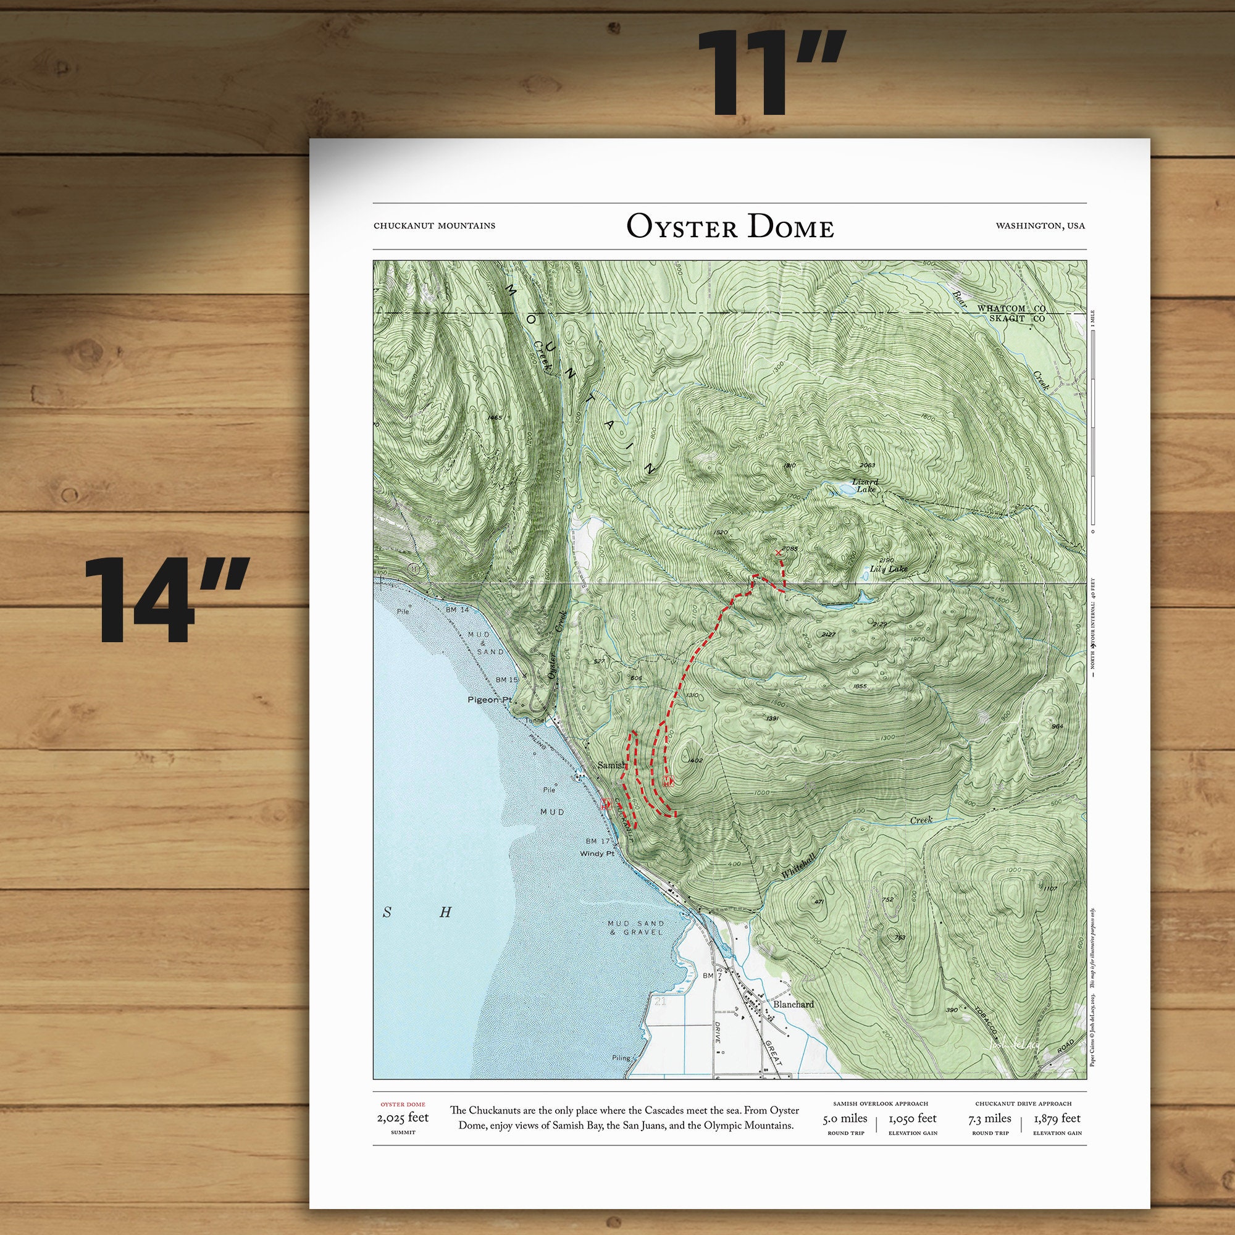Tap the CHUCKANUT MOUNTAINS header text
(x=434, y=225)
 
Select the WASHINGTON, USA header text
(x=1039, y=225)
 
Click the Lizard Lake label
(x=866, y=486)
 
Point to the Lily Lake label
(x=889, y=569)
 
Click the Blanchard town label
(x=793, y=1004)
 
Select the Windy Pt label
(x=597, y=853)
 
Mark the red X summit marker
(x=777, y=552)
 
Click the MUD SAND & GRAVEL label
(x=636, y=927)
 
